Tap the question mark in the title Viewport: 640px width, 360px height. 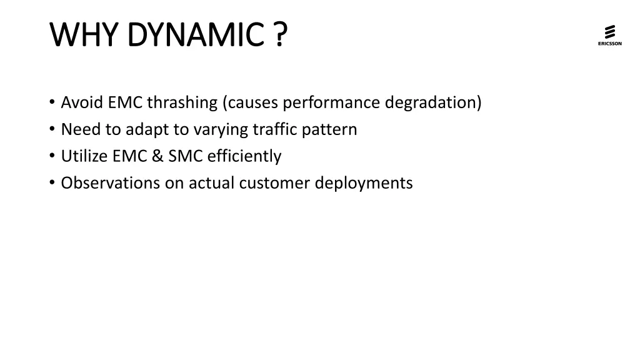coord(280,34)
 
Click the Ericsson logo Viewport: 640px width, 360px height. coord(609,35)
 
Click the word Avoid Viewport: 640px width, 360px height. coord(82,102)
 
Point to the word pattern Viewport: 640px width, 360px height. coord(329,129)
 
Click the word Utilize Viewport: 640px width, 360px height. coord(84,156)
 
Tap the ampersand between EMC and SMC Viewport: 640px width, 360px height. coord(156,156)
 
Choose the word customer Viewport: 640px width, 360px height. coord(279,183)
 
